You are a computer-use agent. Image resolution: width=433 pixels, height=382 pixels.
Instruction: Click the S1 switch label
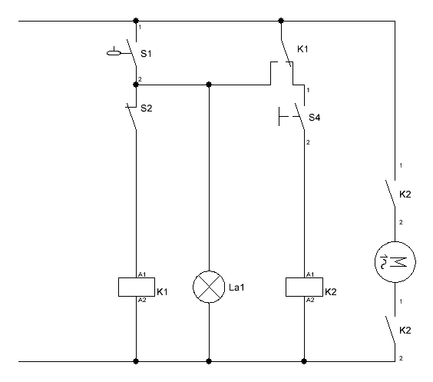(146, 54)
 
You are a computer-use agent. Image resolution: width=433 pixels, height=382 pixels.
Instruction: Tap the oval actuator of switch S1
(114, 53)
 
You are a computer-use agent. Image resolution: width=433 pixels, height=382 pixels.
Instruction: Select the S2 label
(147, 108)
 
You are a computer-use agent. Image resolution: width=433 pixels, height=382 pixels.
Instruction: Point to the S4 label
(314, 118)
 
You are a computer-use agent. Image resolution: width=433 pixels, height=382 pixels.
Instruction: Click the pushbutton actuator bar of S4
(279, 117)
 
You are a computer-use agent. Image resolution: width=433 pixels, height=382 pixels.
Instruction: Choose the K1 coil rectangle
(137, 287)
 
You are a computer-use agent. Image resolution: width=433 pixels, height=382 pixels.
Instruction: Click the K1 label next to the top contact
(302, 49)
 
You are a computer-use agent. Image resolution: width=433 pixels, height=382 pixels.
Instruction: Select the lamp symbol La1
(209, 287)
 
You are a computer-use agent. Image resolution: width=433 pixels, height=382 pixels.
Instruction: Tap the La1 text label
(236, 287)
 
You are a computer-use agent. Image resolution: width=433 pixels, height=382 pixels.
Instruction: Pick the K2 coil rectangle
(304, 287)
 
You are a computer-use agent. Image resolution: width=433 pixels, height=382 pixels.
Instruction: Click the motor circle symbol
(395, 262)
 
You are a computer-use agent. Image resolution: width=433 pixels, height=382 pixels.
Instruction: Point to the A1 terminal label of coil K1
(142, 274)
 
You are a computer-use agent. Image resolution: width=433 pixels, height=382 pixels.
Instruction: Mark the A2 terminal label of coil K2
(310, 300)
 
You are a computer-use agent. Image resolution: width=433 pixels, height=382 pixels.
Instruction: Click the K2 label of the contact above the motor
(405, 194)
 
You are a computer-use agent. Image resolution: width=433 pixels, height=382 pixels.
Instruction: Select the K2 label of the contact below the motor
(405, 331)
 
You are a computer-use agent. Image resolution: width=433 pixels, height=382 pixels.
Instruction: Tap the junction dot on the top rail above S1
(136, 21)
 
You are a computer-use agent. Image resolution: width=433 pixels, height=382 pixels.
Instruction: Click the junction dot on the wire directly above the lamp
(209, 85)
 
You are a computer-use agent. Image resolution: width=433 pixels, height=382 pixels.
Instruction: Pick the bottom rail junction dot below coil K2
(304, 361)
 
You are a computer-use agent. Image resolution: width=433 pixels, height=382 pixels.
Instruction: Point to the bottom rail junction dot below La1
(209, 361)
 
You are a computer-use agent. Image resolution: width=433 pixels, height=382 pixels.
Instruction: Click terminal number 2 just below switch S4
(308, 142)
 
